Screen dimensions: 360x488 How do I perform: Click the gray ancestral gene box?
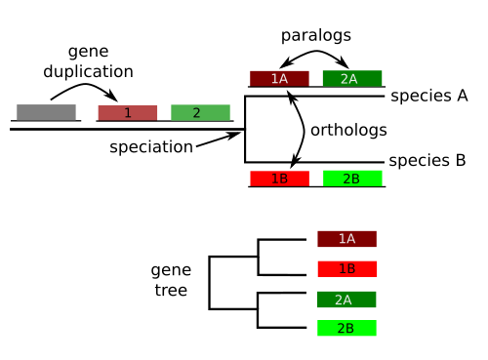46,112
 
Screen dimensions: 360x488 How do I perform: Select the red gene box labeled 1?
127,113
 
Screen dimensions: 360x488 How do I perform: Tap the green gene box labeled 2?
200,113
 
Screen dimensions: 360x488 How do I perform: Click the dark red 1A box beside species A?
279,79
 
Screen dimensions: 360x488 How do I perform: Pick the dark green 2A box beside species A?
352,79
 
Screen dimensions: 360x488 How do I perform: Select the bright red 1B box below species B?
279,179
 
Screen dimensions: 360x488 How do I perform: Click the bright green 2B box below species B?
352,179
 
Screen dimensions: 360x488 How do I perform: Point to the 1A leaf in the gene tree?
346,239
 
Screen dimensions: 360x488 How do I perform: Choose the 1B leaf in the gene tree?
346,269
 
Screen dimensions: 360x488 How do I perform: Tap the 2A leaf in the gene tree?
346,300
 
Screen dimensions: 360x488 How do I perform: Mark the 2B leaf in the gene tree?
346,329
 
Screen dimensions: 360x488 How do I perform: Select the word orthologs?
347,130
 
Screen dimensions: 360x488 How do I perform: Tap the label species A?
429,96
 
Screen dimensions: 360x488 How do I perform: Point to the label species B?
429,161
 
